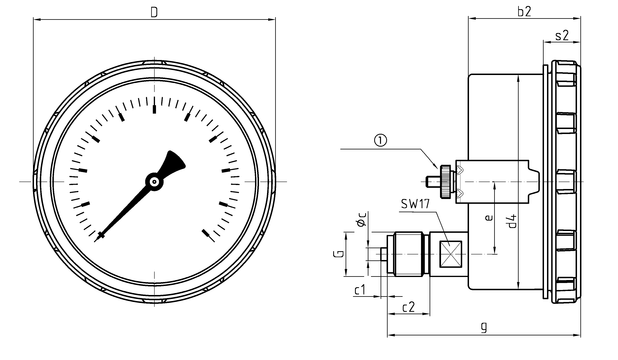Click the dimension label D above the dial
154,12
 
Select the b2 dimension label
524,11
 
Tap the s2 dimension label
562,35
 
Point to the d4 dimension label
512,221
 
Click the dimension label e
489,217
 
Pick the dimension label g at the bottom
484,326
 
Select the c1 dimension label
360,290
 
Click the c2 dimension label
408,307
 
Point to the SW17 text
415,204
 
